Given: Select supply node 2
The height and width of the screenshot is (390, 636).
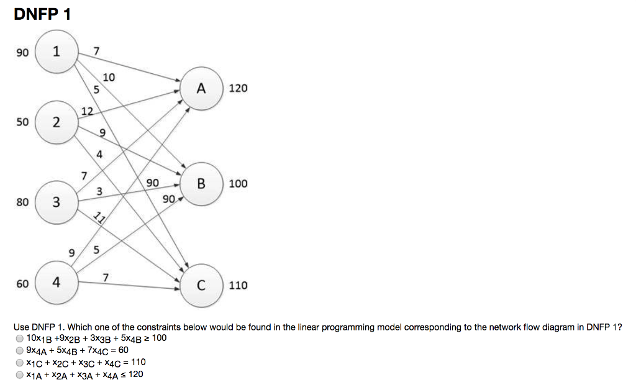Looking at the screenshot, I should point(57,122).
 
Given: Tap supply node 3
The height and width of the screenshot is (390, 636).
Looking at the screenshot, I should point(57,202).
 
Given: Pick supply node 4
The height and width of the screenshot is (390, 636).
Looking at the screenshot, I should point(57,283).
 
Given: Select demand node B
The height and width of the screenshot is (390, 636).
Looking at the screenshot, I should point(201,184).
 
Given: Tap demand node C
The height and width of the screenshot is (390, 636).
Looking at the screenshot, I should point(201,286).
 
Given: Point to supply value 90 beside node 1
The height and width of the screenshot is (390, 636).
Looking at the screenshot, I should point(22,53).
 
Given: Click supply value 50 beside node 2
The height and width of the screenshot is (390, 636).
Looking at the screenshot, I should point(22,122).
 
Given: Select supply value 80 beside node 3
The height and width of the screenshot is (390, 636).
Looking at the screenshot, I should point(22,202).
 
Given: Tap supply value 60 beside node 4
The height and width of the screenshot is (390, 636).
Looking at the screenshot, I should point(22,284).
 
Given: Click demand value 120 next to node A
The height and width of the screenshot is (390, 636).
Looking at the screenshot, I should point(238,89).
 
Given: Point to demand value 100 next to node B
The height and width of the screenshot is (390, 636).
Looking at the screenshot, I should point(238,184).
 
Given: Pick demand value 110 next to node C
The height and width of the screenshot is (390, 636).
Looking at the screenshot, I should point(238,286).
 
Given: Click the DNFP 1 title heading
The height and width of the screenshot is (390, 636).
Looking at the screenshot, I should point(42,14).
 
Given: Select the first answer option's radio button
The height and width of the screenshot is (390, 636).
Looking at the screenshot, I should point(20,339).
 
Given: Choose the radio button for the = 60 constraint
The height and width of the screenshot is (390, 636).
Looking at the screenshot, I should point(20,351).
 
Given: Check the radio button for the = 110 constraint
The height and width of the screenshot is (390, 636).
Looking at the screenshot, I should point(20,363).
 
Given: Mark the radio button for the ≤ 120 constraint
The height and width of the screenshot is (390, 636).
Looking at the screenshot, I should point(20,374).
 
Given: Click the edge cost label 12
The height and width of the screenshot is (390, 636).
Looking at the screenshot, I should point(87,111).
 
